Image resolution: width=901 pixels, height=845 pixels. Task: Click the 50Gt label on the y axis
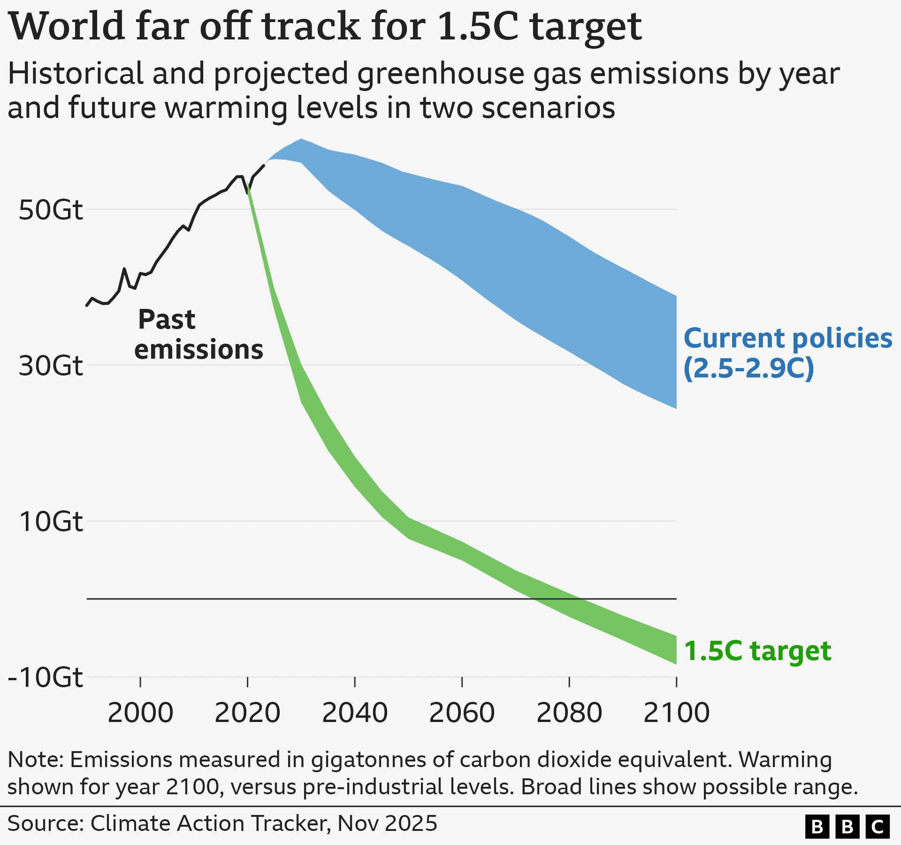[x=51, y=210]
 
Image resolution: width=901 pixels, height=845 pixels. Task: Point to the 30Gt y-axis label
[x=51, y=366]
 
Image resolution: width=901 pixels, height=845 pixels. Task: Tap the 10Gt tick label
[x=51, y=522]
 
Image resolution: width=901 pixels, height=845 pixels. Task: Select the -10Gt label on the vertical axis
[x=46, y=677]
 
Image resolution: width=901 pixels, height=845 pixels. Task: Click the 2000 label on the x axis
[x=140, y=713]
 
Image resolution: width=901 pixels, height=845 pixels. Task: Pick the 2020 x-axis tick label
[x=247, y=713]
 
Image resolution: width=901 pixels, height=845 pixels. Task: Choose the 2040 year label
[x=355, y=713]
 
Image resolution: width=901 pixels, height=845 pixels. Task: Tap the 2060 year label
[x=462, y=713]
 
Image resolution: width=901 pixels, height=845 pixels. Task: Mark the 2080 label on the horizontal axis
[x=569, y=713]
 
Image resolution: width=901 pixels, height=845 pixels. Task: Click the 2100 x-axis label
[x=676, y=713]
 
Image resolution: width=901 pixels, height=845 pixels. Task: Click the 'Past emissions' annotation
[x=198, y=335]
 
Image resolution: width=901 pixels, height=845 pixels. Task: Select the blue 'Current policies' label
[x=787, y=338]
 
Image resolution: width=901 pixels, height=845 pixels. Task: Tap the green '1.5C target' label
[x=757, y=651]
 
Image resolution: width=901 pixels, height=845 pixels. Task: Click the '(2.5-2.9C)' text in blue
[x=748, y=369]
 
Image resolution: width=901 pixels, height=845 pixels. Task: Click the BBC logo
[x=847, y=827]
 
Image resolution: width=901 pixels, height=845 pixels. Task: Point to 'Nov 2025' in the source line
[x=387, y=823]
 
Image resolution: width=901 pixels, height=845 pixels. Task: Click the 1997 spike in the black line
[x=124, y=269]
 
